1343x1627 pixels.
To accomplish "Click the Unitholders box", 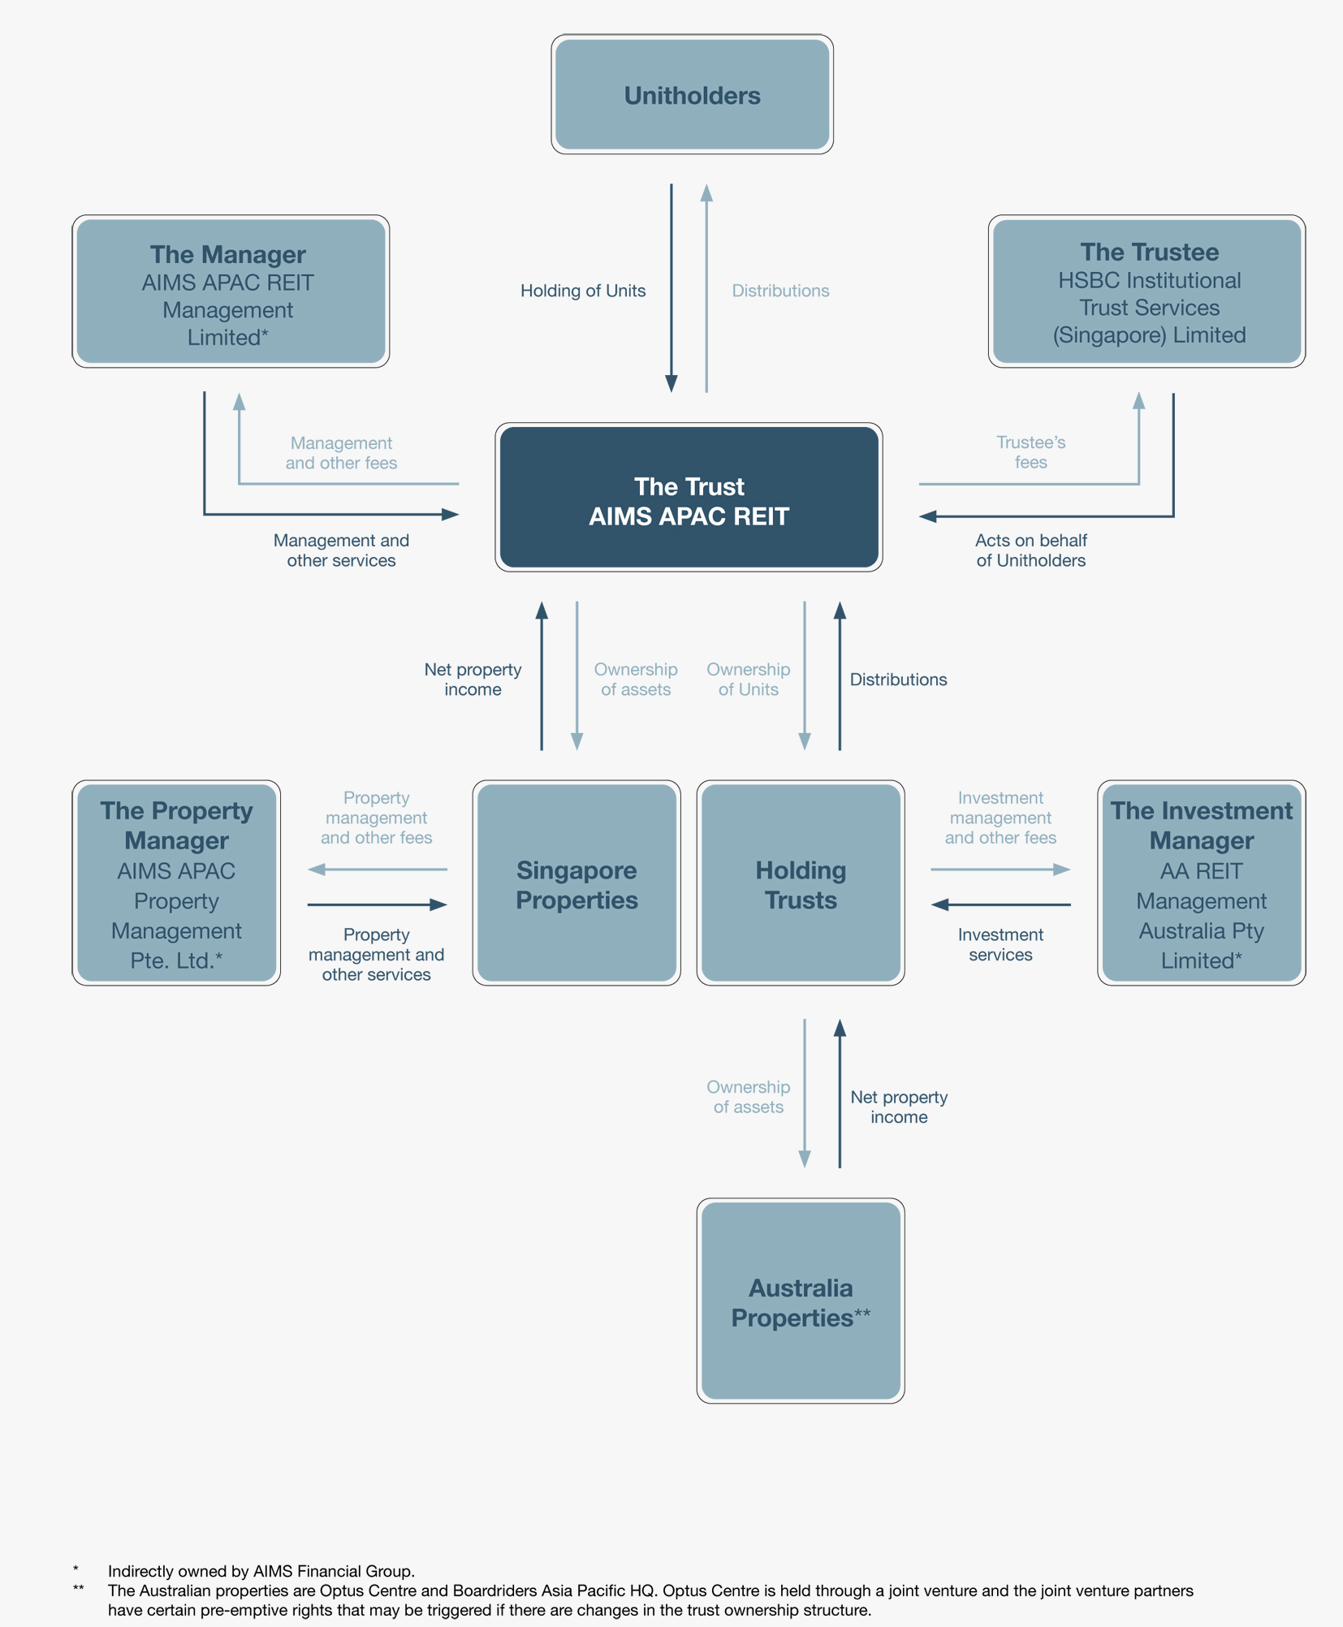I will pos(692,95).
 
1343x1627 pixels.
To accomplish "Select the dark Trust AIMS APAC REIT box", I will pos(689,498).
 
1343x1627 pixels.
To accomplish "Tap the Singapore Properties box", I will pos(576,884).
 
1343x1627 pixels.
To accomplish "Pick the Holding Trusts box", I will pos(801,884).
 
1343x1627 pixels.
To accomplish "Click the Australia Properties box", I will pos(801,1301).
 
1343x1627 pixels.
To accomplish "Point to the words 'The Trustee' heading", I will pos(1148,252).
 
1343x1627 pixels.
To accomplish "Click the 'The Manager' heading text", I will pos(227,254).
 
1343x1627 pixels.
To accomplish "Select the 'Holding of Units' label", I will pos(582,291).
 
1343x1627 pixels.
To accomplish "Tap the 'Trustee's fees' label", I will pos(1030,452).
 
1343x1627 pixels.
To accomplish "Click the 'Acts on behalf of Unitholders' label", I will pos(1030,550).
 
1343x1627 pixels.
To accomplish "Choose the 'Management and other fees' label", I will pos(341,453).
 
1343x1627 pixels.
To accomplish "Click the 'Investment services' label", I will pos(1000,944).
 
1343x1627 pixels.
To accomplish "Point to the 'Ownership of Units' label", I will pos(748,680).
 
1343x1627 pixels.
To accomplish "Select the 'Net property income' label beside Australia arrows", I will pos(899,1107).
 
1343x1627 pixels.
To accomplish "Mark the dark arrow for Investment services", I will pos(1000,904).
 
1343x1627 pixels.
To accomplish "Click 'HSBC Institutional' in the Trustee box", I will pos(1148,280).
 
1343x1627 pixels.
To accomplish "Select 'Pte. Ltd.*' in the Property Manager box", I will pos(176,960).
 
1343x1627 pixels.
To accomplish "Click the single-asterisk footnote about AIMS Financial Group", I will pos(261,1571).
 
